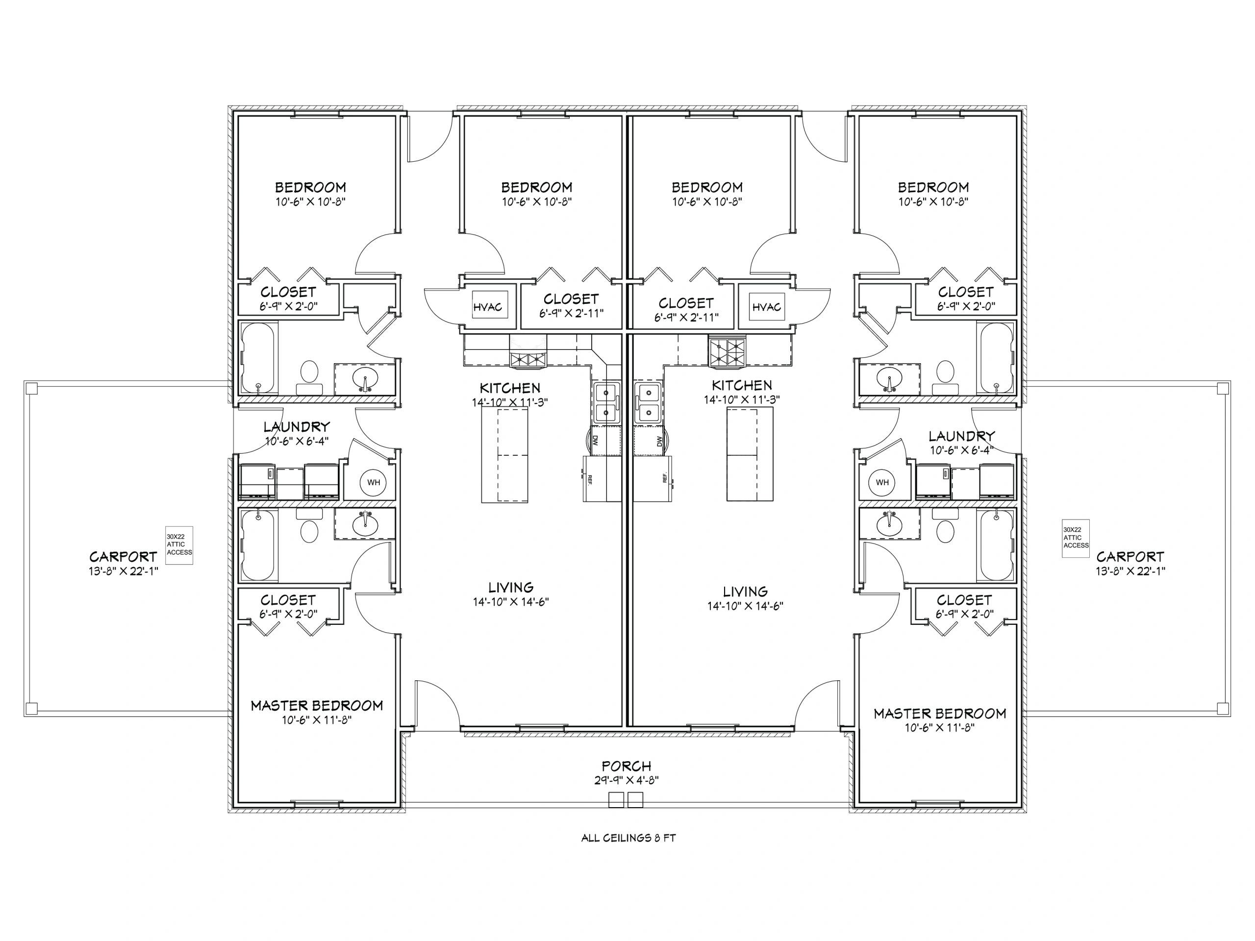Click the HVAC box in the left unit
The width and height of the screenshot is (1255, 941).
[x=487, y=307]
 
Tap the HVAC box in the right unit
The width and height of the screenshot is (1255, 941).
[x=767, y=307]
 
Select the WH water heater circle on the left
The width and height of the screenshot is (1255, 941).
[x=374, y=482]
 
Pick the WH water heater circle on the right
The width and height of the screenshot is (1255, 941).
[x=882, y=482]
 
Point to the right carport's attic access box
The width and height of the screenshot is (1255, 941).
[x=1076, y=538]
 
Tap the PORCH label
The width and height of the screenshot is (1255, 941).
[x=627, y=767]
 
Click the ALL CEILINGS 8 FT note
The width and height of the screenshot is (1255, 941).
[x=628, y=837]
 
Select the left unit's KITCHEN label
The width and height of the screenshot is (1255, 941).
[x=510, y=388]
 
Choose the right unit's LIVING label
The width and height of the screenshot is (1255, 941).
[x=745, y=592]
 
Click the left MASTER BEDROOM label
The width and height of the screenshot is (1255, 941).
[x=317, y=706]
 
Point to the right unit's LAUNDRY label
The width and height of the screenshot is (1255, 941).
[x=962, y=436]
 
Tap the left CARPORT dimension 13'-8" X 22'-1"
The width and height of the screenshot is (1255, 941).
[x=123, y=570]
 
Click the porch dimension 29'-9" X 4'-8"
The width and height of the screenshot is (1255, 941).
[x=627, y=780]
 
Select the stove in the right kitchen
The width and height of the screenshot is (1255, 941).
[x=728, y=350]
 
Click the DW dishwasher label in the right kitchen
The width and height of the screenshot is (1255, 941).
[x=659, y=441]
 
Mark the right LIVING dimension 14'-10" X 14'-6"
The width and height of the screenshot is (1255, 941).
[x=745, y=606]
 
